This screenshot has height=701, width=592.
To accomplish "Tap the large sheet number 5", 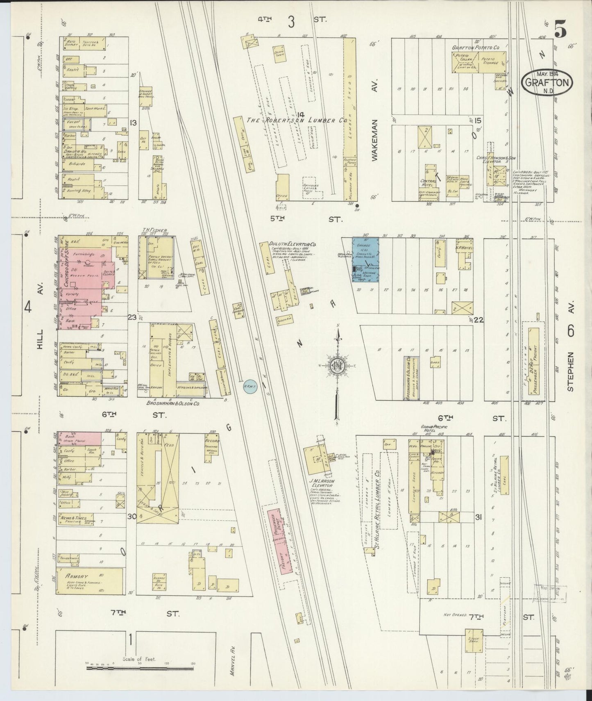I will (561, 30).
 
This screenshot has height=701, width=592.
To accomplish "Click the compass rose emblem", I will (337, 366).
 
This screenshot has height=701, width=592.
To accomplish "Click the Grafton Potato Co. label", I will (475, 48).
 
